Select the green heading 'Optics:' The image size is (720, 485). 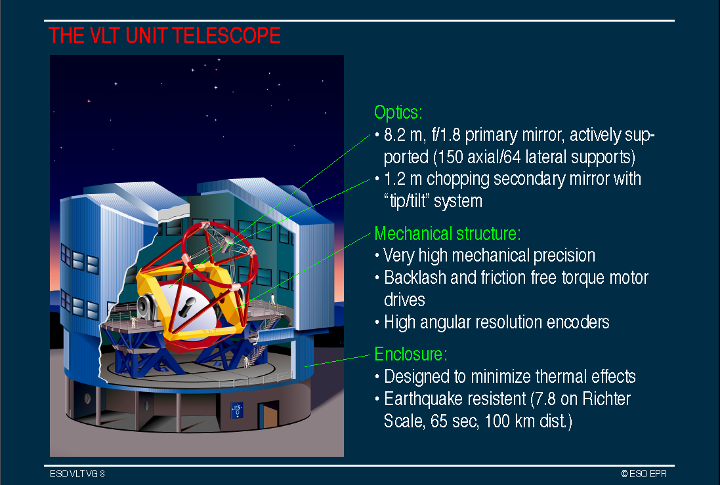tap(398, 112)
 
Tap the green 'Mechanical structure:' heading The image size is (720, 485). tap(448, 234)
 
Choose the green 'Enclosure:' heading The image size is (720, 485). tap(410, 355)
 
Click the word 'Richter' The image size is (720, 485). tap(606, 399)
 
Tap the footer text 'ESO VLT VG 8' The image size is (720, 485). tap(77, 474)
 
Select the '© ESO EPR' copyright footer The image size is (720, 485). tap(644, 474)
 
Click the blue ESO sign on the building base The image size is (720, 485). tap(237, 410)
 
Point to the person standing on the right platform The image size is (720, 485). tap(272, 300)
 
